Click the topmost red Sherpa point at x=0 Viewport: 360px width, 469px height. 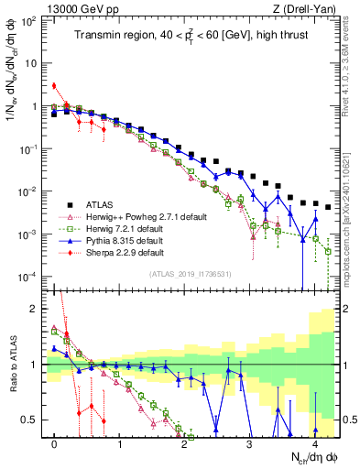[54, 86]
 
